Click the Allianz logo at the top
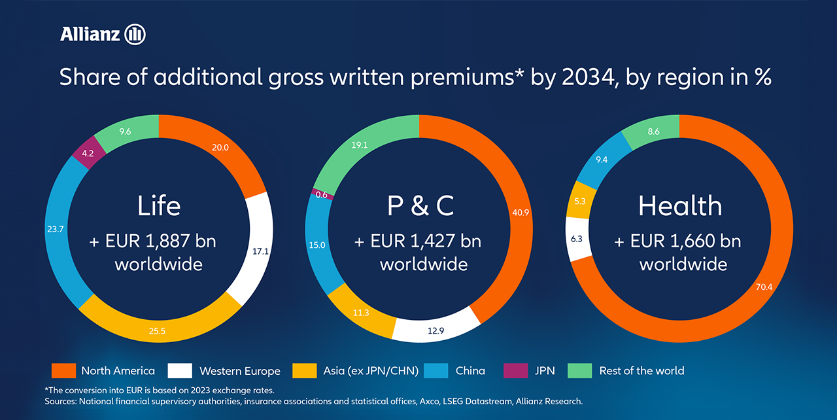(x=102, y=34)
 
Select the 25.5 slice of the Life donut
(x=158, y=331)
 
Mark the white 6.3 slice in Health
(x=577, y=239)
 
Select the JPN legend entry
(x=544, y=371)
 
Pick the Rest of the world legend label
(x=641, y=371)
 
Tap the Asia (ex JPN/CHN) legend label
(x=371, y=371)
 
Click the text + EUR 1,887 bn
(x=152, y=241)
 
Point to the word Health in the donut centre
(x=680, y=206)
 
